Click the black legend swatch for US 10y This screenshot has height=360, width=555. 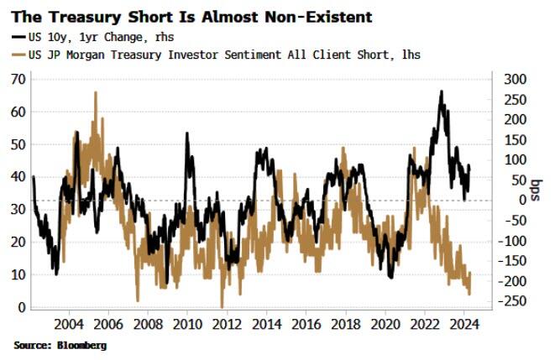[19, 37]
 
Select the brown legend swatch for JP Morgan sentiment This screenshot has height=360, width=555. [19, 54]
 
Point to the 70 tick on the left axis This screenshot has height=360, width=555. [17, 78]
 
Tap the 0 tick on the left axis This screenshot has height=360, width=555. [20, 307]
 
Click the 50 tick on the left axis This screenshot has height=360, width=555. [17, 143]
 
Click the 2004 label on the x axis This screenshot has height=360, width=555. [68, 324]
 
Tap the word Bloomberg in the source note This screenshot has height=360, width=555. [81, 344]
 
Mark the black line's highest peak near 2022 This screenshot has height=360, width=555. [442, 91]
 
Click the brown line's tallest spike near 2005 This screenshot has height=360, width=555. [95, 93]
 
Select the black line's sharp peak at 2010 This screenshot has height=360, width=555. [186, 133]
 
